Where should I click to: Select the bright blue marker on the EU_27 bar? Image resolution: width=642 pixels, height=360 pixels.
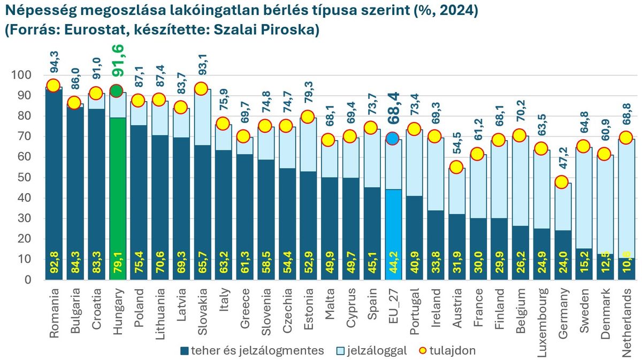[x=392, y=139]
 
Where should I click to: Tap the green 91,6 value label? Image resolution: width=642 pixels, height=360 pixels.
[x=117, y=60]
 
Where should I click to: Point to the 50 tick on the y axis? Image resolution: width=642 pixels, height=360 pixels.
[x=21, y=178]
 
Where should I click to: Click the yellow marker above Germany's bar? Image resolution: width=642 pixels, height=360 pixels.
[x=561, y=182]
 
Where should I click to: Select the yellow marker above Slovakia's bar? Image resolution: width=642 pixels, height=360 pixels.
[x=201, y=89]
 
